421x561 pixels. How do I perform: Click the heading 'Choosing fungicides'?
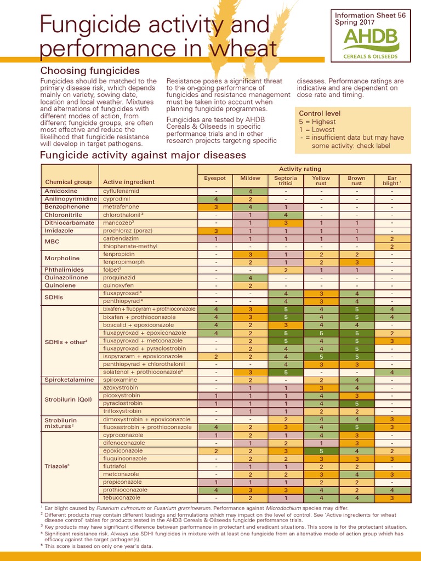coord(90,71)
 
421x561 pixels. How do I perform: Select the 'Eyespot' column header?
coord(214,178)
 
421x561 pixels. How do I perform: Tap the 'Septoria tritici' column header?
coord(286,181)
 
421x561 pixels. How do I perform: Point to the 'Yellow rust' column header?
coord(321,181)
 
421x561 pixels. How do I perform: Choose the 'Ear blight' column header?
coord(392,181)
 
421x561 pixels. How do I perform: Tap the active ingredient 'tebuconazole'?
coord(122,498)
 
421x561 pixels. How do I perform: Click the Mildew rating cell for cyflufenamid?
coord(250,191)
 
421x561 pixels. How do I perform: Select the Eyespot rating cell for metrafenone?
coord(214,207)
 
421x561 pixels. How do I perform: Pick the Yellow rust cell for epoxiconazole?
coord(321,451)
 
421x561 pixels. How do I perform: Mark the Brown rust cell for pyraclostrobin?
coord(356,403)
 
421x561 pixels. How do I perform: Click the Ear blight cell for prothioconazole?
coord(392,490)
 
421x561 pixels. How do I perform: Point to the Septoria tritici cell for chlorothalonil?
coord(286,215)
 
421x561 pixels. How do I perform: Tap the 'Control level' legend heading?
coord(320,113)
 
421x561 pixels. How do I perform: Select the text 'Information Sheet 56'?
coord(370,15)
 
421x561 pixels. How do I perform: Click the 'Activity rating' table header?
coord(300,169)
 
